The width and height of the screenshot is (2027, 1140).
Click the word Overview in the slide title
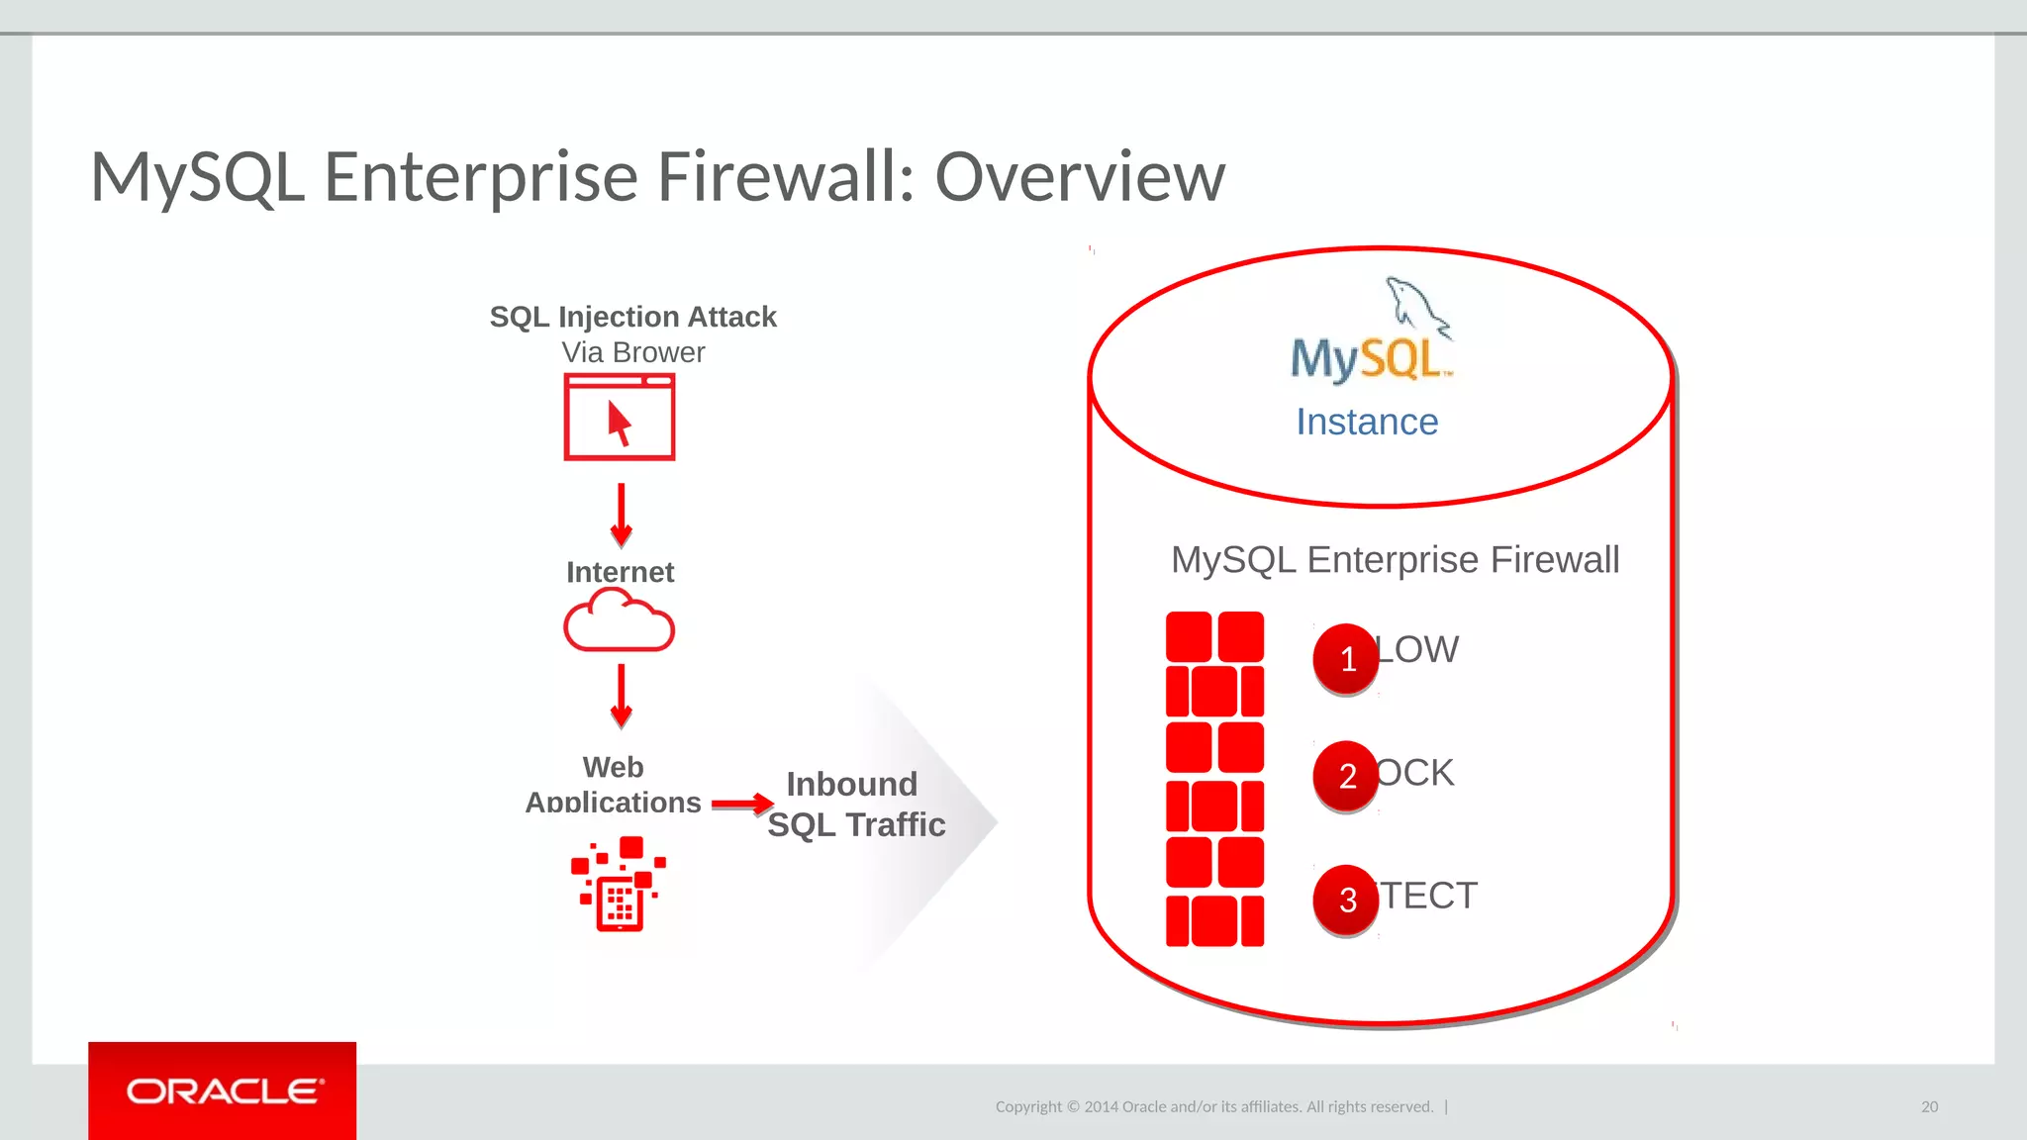pos(1080,177)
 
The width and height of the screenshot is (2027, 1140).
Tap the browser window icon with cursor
pos(620,417)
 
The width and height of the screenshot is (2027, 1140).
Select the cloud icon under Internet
pos(620,620)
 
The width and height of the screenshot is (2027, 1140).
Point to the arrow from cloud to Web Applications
pos(621,696)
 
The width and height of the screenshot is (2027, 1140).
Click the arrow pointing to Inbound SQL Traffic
pos(742,804)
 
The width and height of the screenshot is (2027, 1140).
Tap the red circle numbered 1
pos(1346,659)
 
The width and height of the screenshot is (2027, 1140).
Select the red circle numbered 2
pos(1346,776)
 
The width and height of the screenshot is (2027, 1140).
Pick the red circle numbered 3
pos(1346,900)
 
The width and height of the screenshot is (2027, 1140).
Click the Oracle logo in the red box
pos(224,1092)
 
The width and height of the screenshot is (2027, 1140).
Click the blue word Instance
pos(1367,423)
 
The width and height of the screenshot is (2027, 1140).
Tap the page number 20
pos(1929,1106)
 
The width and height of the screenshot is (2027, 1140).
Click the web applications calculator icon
pos(620,885)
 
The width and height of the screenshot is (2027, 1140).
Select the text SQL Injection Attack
pos(632,317)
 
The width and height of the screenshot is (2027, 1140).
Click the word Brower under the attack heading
pos(658,352)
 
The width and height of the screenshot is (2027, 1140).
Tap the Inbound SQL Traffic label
pos(855,805)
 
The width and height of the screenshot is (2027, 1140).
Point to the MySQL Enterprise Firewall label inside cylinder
pos(1395,560)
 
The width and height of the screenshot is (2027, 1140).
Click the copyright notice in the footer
pos(1214,1106)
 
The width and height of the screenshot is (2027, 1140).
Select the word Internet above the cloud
pos(620,572)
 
